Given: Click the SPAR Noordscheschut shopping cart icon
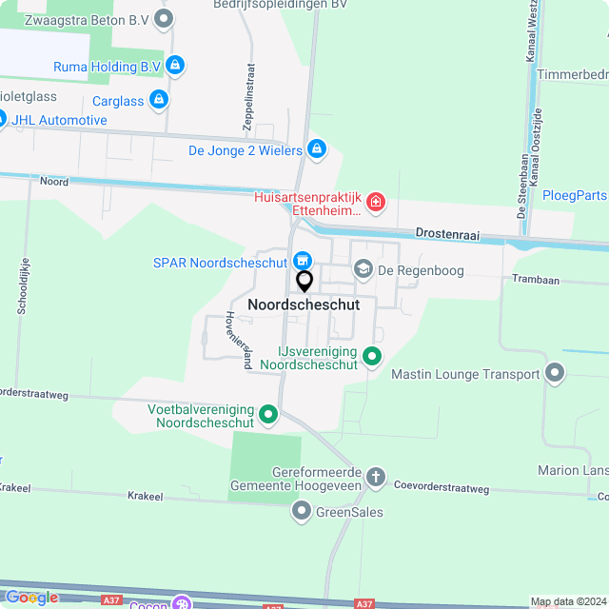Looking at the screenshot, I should pyautogui.click(x=303, y=260).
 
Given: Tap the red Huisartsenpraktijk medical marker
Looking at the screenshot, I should pyautogui.click(x=376, y=202).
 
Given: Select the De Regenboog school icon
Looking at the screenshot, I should pyautogui.click(x=363, y=270).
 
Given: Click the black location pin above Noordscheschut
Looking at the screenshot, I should pyautogui.click(x=304, y=282).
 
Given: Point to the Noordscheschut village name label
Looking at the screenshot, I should pyautogui.click(x=304, y=304).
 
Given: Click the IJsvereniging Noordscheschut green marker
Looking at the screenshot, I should pyautogui.click(x=372, y=358).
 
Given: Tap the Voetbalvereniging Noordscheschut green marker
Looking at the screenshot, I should pyautogui.click(x=268, y=414).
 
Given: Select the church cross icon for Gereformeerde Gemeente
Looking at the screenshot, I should pyautogui.click(x=376, y=478).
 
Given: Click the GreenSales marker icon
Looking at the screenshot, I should pyautogui.click(x=302, y=512).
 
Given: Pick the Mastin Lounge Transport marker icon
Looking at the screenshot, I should pyautogui.click(x=555, y=374).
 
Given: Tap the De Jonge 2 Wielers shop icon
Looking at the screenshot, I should pyautogui.click(x=317, y=149).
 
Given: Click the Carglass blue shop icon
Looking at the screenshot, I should pyautogui.click(x=159, y=99).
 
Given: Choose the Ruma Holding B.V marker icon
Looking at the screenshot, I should pyautogui.click(x=174, y=66).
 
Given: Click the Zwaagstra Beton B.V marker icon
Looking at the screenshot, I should pyautogui.click(x=165, y=17).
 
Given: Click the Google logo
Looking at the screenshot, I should pyautogui.click(x=31, y=598).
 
